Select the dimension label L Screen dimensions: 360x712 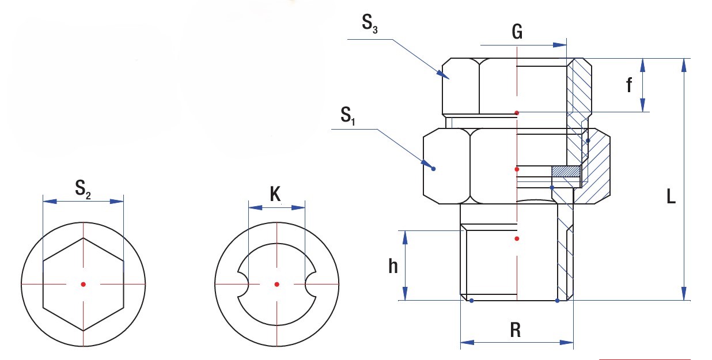pyautogui.click(x=671, y=197)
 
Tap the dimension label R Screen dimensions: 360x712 pyautogui.click(x=516, y=329)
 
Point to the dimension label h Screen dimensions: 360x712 pyautogui.click(x=393, y=266)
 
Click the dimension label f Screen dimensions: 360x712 pyautogui.click(x=630, y=86)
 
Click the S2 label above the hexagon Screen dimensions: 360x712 pyautogui.click(x=82, y=189)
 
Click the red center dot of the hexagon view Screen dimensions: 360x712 pyautogui.click(x=84, y=284)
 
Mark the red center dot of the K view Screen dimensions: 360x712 pyautogui.click(x=277, y=284)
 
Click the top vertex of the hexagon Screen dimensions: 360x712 pyautogui.click(x=84, y=238)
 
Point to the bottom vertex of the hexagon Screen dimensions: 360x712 pyautogui.click(x=84, y=330)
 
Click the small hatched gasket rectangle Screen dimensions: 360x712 pyautogui.click(x=565, y=171)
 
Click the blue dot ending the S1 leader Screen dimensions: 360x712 pyautogui.click(x=434, y=169)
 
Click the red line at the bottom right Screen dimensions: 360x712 pyautogui.click(x=645, y=359)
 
